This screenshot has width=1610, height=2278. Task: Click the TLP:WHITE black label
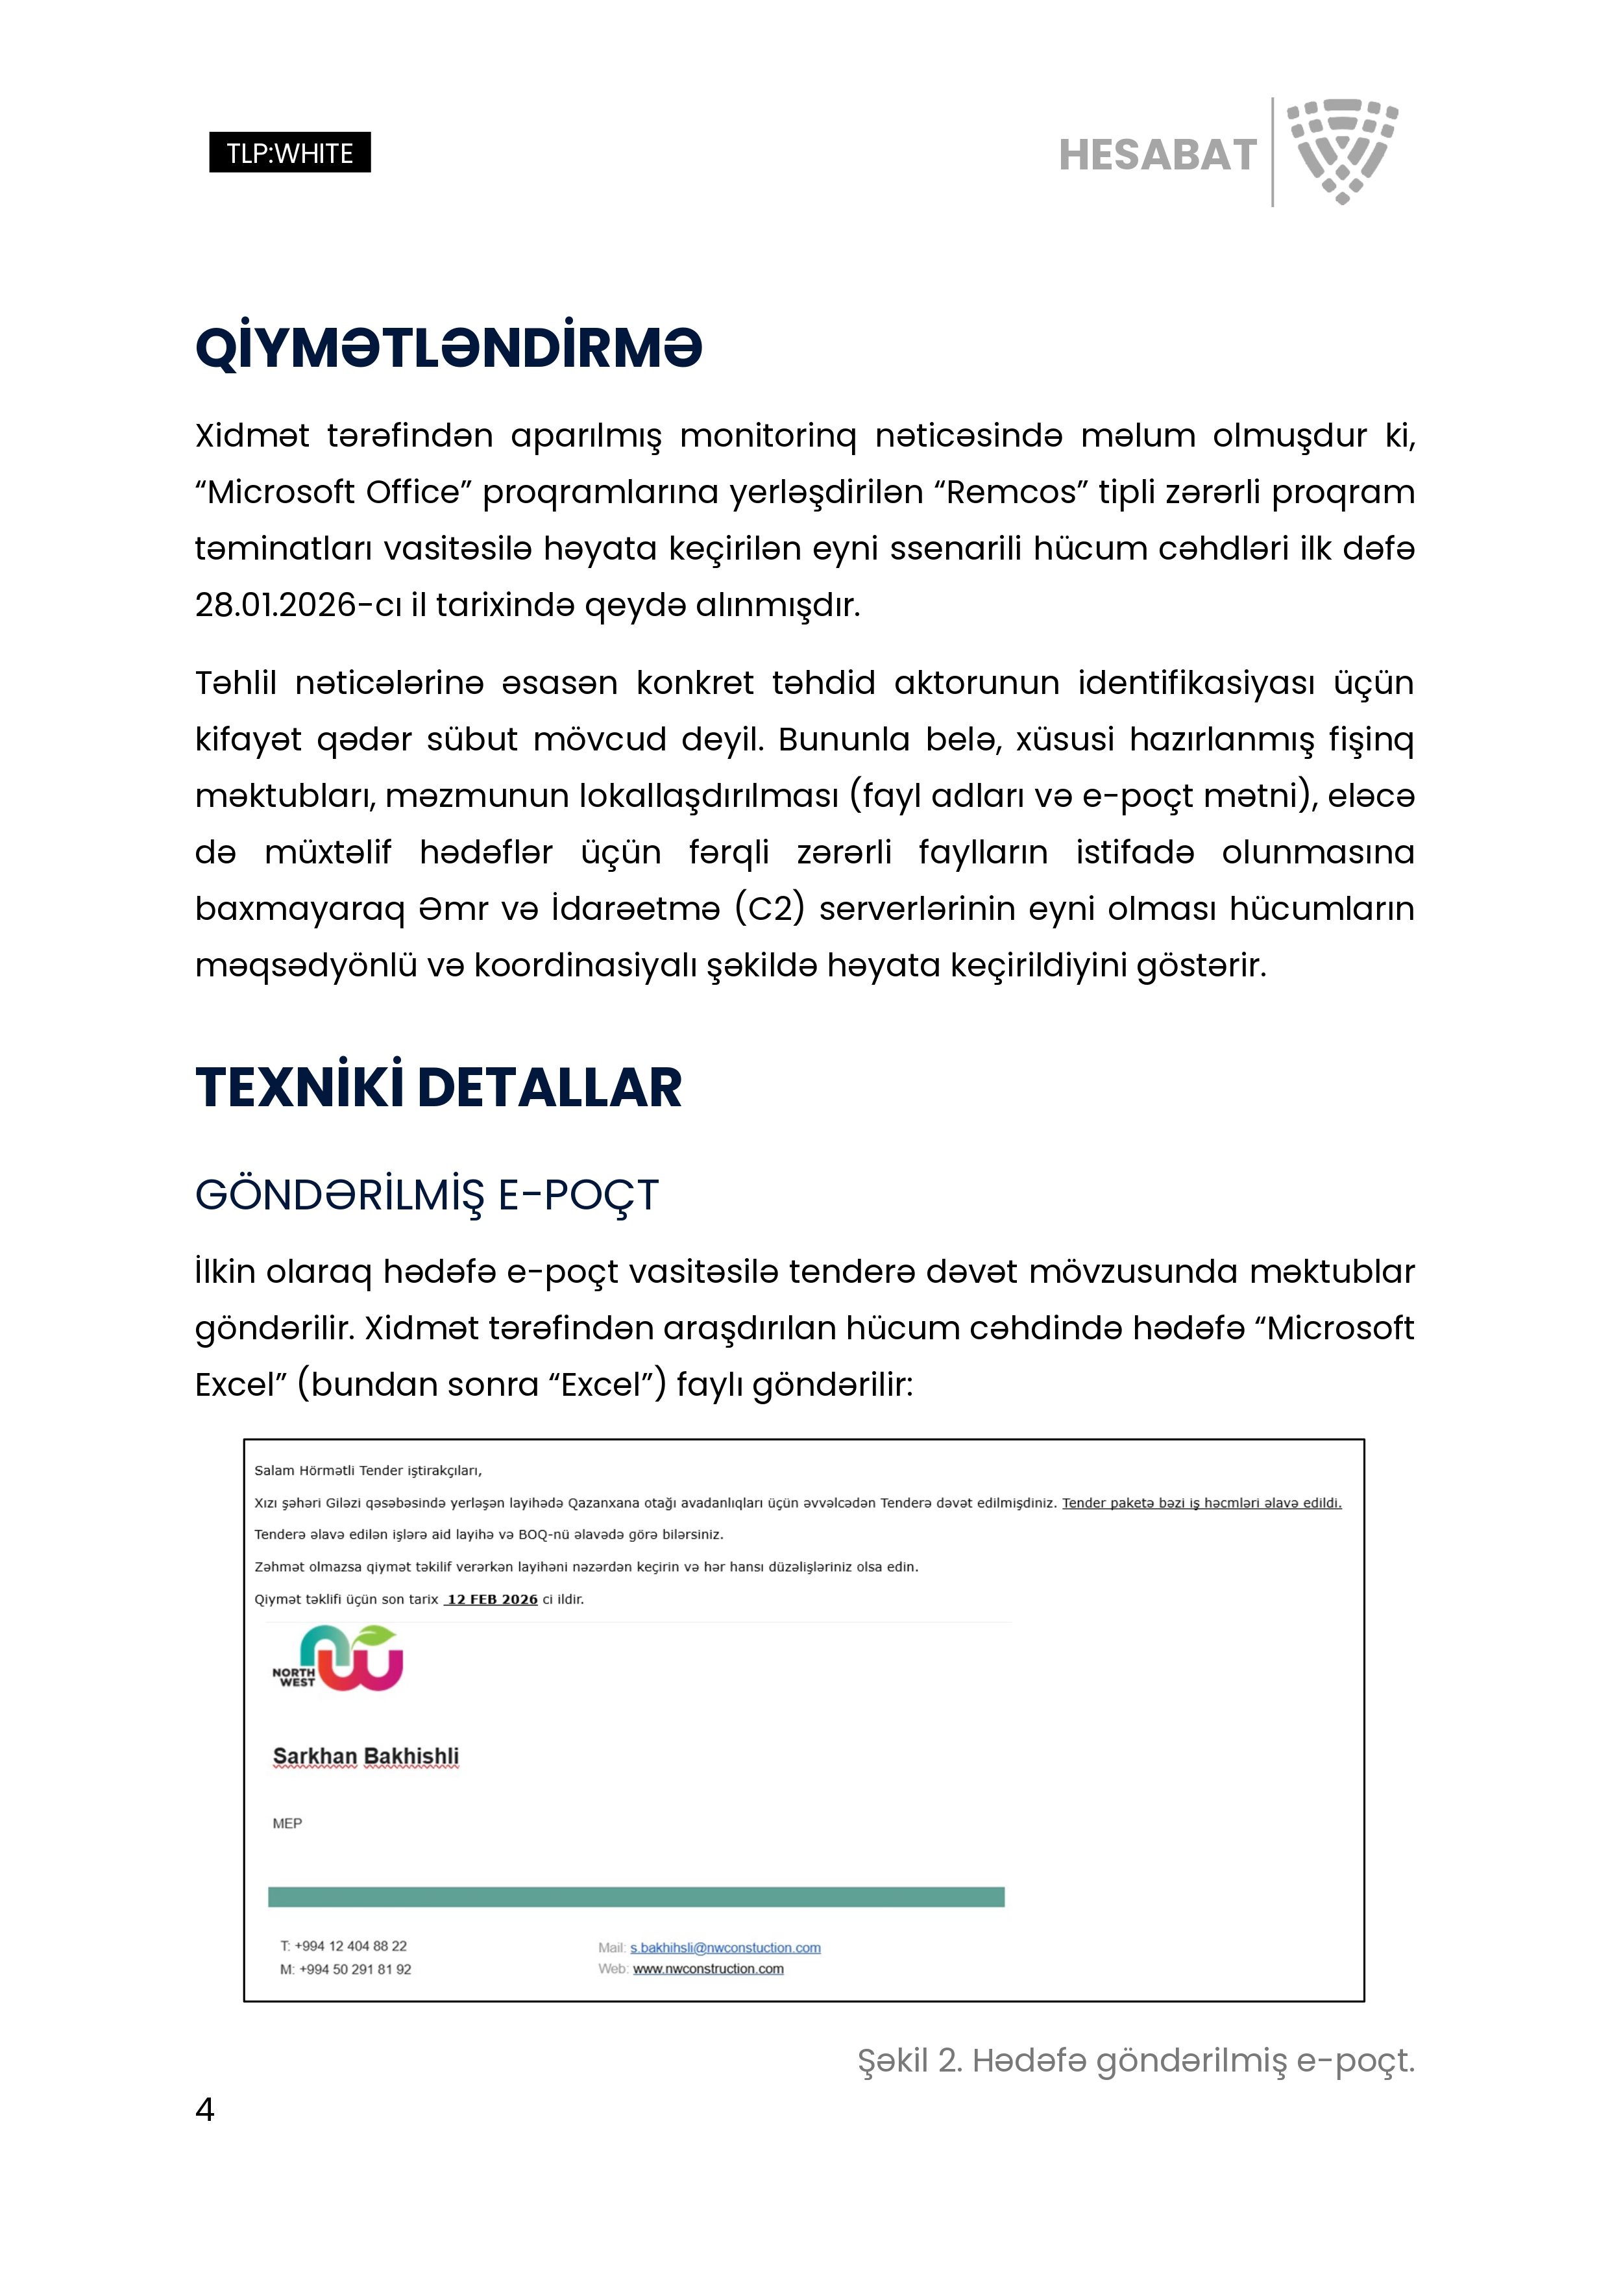289,153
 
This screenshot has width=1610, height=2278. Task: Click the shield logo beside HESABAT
1342,151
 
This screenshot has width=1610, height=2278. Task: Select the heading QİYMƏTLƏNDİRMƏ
448,348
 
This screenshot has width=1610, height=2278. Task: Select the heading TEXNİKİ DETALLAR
439,1087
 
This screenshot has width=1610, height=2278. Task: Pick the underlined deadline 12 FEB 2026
492,1600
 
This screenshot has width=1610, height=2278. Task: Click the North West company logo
338,1659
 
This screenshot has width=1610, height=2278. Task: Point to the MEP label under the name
287,1824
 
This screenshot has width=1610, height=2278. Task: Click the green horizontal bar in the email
636,1897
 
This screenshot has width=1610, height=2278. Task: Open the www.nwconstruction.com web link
708,1970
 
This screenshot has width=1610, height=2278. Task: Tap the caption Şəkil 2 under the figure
1136,2061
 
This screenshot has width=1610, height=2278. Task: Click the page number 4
205,2109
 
